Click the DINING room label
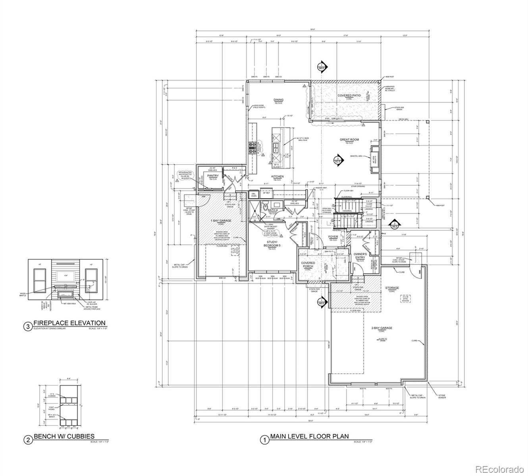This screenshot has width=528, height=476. (x=278, y=100)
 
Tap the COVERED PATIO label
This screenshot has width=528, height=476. (x=349, y=96)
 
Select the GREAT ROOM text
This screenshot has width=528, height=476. (x=349, y=140)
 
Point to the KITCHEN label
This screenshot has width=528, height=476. (x=277, y=177)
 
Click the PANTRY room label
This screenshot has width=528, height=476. (x=213, y=176)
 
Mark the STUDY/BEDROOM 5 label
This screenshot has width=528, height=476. (x=272, y=244)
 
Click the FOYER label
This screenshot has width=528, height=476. (x=333, y=237)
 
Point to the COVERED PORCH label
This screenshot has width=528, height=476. (x=308, y=265)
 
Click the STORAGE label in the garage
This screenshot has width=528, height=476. (x=392, y=288)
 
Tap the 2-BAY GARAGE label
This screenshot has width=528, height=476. (x=382, y=328)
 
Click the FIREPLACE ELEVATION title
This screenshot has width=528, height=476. (x=69, y=323)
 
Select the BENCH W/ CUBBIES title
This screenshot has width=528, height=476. (x=64, y=436)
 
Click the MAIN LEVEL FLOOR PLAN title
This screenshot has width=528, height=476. (x=309, y=436)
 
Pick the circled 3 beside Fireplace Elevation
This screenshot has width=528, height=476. (x=27, y=327)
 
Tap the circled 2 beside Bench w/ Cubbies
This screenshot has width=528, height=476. (x=28, y=440)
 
